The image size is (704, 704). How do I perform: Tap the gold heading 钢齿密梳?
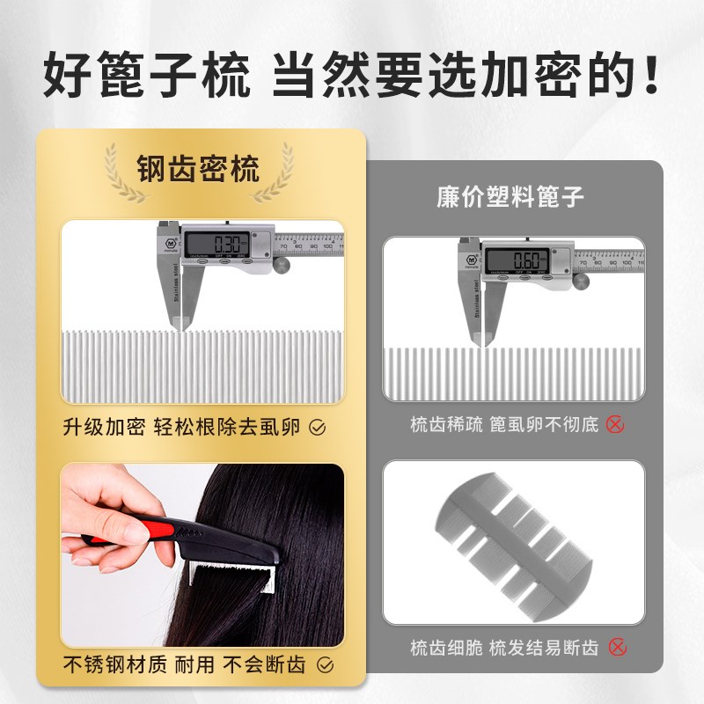[198, 166]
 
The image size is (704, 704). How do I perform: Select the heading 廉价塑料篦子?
[510, 195]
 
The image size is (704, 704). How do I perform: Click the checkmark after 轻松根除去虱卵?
[319, 428]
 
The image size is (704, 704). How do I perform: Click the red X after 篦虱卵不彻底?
[615, 424]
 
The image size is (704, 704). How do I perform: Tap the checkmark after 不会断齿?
[324, 664]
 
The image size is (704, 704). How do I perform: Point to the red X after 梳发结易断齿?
[617, 649]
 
